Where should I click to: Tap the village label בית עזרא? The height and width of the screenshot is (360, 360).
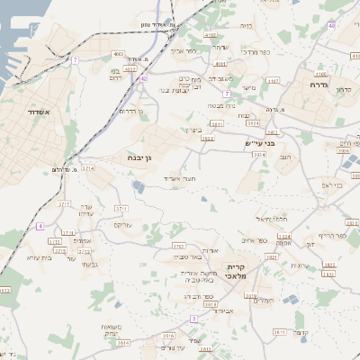[38, 258]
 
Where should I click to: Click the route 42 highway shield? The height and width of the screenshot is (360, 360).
[143, 78]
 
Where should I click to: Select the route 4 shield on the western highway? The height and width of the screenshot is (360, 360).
[40, 225]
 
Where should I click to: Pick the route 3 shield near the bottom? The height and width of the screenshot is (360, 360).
[193, 319]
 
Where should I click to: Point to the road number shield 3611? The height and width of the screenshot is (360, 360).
[280, 332]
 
